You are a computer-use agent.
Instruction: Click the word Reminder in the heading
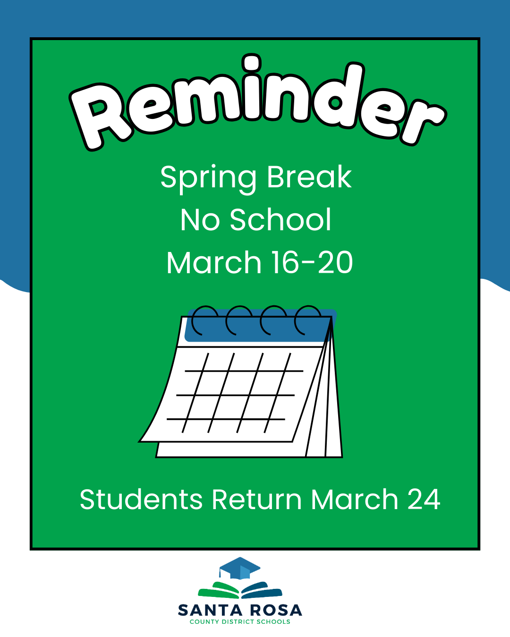click(257, 101)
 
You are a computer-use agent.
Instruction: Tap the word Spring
click(208, 178)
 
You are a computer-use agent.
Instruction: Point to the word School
click(280, 220)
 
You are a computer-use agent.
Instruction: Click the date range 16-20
click(312, 263)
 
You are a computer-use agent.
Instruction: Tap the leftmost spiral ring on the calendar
click(204, 320)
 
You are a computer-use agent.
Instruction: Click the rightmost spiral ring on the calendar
click(307, 320)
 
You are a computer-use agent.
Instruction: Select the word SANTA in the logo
click(210, 610)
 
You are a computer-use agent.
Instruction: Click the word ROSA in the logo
click(276, 610)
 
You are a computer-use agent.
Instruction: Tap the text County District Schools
click(240, 622)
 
